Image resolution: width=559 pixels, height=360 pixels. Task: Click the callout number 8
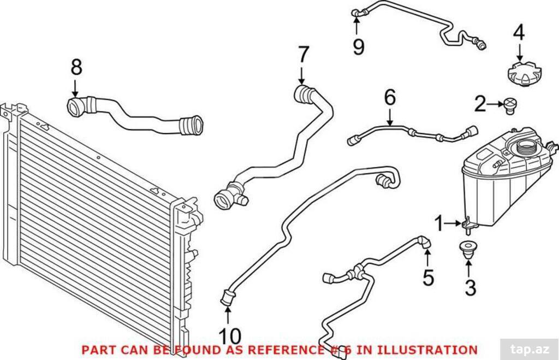point(76,67)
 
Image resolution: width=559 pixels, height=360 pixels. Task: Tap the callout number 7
point(303,55)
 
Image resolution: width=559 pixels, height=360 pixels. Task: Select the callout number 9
point(358,47)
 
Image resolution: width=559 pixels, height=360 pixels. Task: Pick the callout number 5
point(428,278)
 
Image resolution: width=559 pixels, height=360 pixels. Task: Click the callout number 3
point(470,288)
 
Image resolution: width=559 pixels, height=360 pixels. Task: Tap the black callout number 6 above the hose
point(390,97)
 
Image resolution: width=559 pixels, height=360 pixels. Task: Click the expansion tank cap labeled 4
point(524,74)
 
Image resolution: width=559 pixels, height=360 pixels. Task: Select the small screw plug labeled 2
point(510,106)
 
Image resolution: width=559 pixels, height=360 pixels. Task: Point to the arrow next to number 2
point(496,104)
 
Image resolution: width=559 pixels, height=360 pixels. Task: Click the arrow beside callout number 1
point(454,224)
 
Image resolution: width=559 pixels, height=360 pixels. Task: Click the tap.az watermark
point(530,349)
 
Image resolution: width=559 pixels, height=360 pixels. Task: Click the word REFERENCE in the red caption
point(286,350)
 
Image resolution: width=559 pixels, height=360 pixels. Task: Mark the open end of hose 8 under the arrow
point(75,107)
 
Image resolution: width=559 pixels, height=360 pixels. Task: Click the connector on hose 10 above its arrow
point(228,297)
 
